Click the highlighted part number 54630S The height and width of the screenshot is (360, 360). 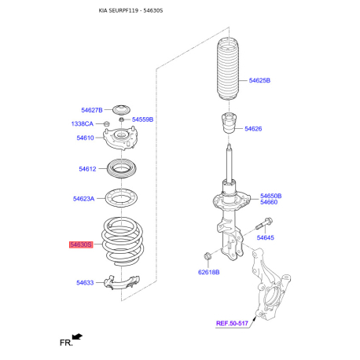[x=81, y=244]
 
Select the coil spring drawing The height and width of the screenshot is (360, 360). [x=123, y=241]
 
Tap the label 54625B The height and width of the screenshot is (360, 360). [x=259, y=80]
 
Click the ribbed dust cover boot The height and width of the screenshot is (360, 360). [x=228, y=70]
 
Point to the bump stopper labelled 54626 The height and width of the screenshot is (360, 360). [x=229, y=123]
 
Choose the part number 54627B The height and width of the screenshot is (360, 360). [x=92, y=110]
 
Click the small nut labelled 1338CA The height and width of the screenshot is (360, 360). [x=106, y=123]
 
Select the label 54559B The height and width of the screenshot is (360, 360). [x=142, y=119]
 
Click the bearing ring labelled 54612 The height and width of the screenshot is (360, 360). [x=122, y=168]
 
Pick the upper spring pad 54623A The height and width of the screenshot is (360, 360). [x=122, y=198]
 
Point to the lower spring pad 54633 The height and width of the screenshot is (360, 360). [x=121, y=282]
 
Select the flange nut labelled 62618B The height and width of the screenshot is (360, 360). [x=208, y=256]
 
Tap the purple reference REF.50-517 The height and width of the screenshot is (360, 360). [x=232, y=323]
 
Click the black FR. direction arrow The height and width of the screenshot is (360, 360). [x=78, y=336]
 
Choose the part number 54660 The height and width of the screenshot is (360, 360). [x=269, y=202]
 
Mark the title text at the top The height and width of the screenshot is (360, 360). [x=130, y=10]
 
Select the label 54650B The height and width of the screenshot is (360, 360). [x=271, y=196]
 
